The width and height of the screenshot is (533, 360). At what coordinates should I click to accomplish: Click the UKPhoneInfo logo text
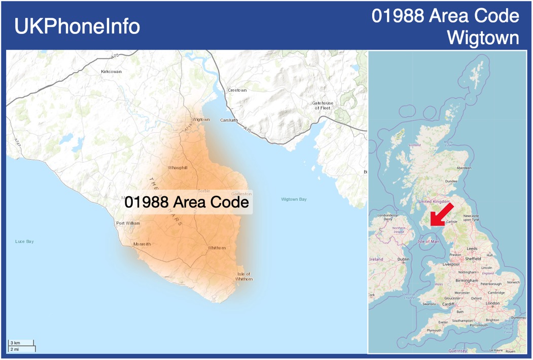(77, 26)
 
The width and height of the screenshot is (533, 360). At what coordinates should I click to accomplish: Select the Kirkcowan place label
(111, 71)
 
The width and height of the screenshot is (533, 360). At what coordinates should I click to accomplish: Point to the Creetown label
(237, 90)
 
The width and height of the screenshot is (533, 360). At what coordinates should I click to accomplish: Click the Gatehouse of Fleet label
(323, 105)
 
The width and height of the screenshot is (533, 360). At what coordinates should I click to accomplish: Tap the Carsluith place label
(229, 120)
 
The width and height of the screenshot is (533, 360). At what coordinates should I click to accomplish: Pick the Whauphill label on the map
(177, 167)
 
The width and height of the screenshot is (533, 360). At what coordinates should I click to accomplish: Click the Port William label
(128, 223)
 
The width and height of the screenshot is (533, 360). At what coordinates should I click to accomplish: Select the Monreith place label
(142, 244)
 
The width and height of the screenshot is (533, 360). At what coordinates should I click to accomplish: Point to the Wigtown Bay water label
(294, 199)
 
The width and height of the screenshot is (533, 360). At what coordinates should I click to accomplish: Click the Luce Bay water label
(24, 241)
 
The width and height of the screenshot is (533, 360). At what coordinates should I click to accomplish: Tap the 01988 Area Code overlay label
(187, 202)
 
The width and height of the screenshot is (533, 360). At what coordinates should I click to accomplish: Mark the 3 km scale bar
(21, 343)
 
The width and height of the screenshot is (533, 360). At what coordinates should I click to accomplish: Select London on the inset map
(492, 303)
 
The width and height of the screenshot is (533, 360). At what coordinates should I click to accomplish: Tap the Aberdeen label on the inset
(464, 168)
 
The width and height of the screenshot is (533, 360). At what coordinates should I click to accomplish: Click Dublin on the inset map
(403, 259)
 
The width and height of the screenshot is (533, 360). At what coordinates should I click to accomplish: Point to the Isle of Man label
(428, 241)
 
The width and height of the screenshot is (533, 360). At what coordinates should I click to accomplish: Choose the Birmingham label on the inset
(467, 280)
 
